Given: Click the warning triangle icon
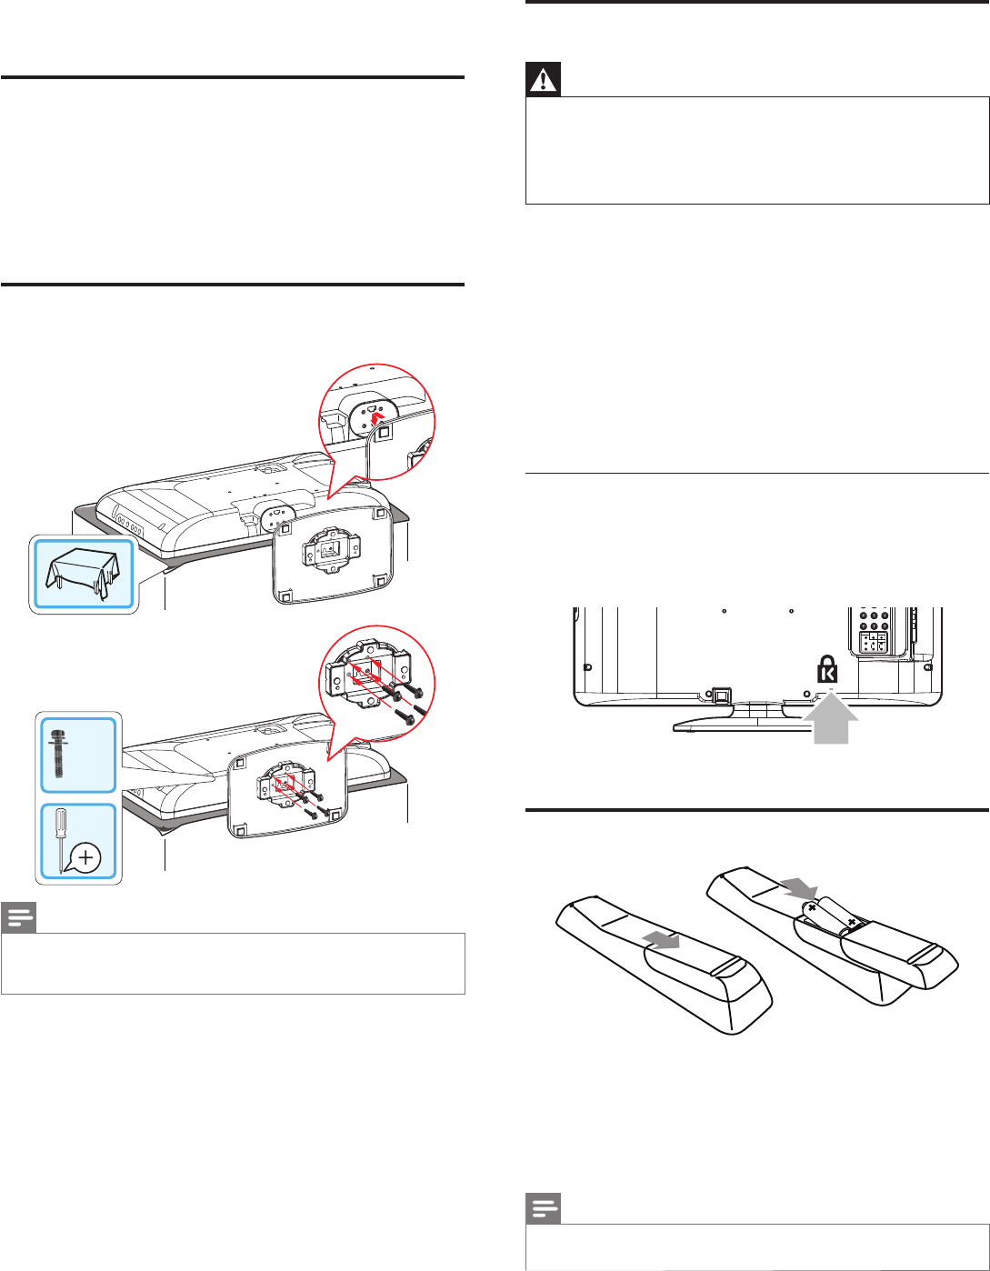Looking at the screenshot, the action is [x=544, y=80].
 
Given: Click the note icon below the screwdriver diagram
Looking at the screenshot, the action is [x=18, y=918].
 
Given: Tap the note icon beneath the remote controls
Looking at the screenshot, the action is [x=544, y=1209].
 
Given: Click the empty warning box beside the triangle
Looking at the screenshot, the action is [x=756, y=150].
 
